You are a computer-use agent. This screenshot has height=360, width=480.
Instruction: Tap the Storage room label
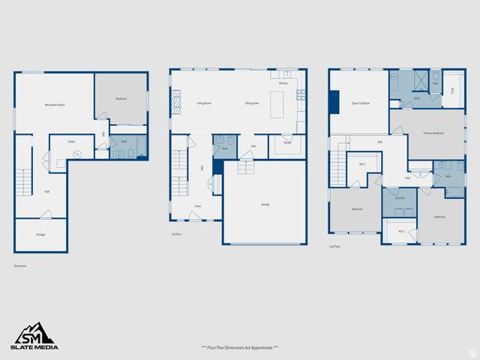coord(40,235)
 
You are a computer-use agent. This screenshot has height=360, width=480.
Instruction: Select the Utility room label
coord(70,141)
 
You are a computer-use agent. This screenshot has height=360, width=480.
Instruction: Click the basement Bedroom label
coord(121,99)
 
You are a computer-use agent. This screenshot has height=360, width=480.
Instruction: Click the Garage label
coord(265,204)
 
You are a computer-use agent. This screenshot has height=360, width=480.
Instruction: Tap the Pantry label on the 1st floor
coord(287,142)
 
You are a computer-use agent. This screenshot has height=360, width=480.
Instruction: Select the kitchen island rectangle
coord(277,101)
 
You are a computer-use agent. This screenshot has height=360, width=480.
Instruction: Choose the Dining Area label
coord(252,103)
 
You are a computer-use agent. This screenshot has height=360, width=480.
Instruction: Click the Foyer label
coord(197,205)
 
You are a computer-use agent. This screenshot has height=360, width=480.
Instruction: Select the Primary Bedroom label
coord(433,133)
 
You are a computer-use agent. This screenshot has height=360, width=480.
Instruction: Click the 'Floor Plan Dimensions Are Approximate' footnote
coord(240,347)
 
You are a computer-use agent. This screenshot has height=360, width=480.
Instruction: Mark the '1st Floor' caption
coord(176,233)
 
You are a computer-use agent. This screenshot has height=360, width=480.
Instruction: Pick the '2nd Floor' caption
coord(334,246)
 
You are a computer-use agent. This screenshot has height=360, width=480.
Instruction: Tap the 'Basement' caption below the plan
coord(20,265)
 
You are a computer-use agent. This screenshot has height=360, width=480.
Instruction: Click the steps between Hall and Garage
coord(246,166)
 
